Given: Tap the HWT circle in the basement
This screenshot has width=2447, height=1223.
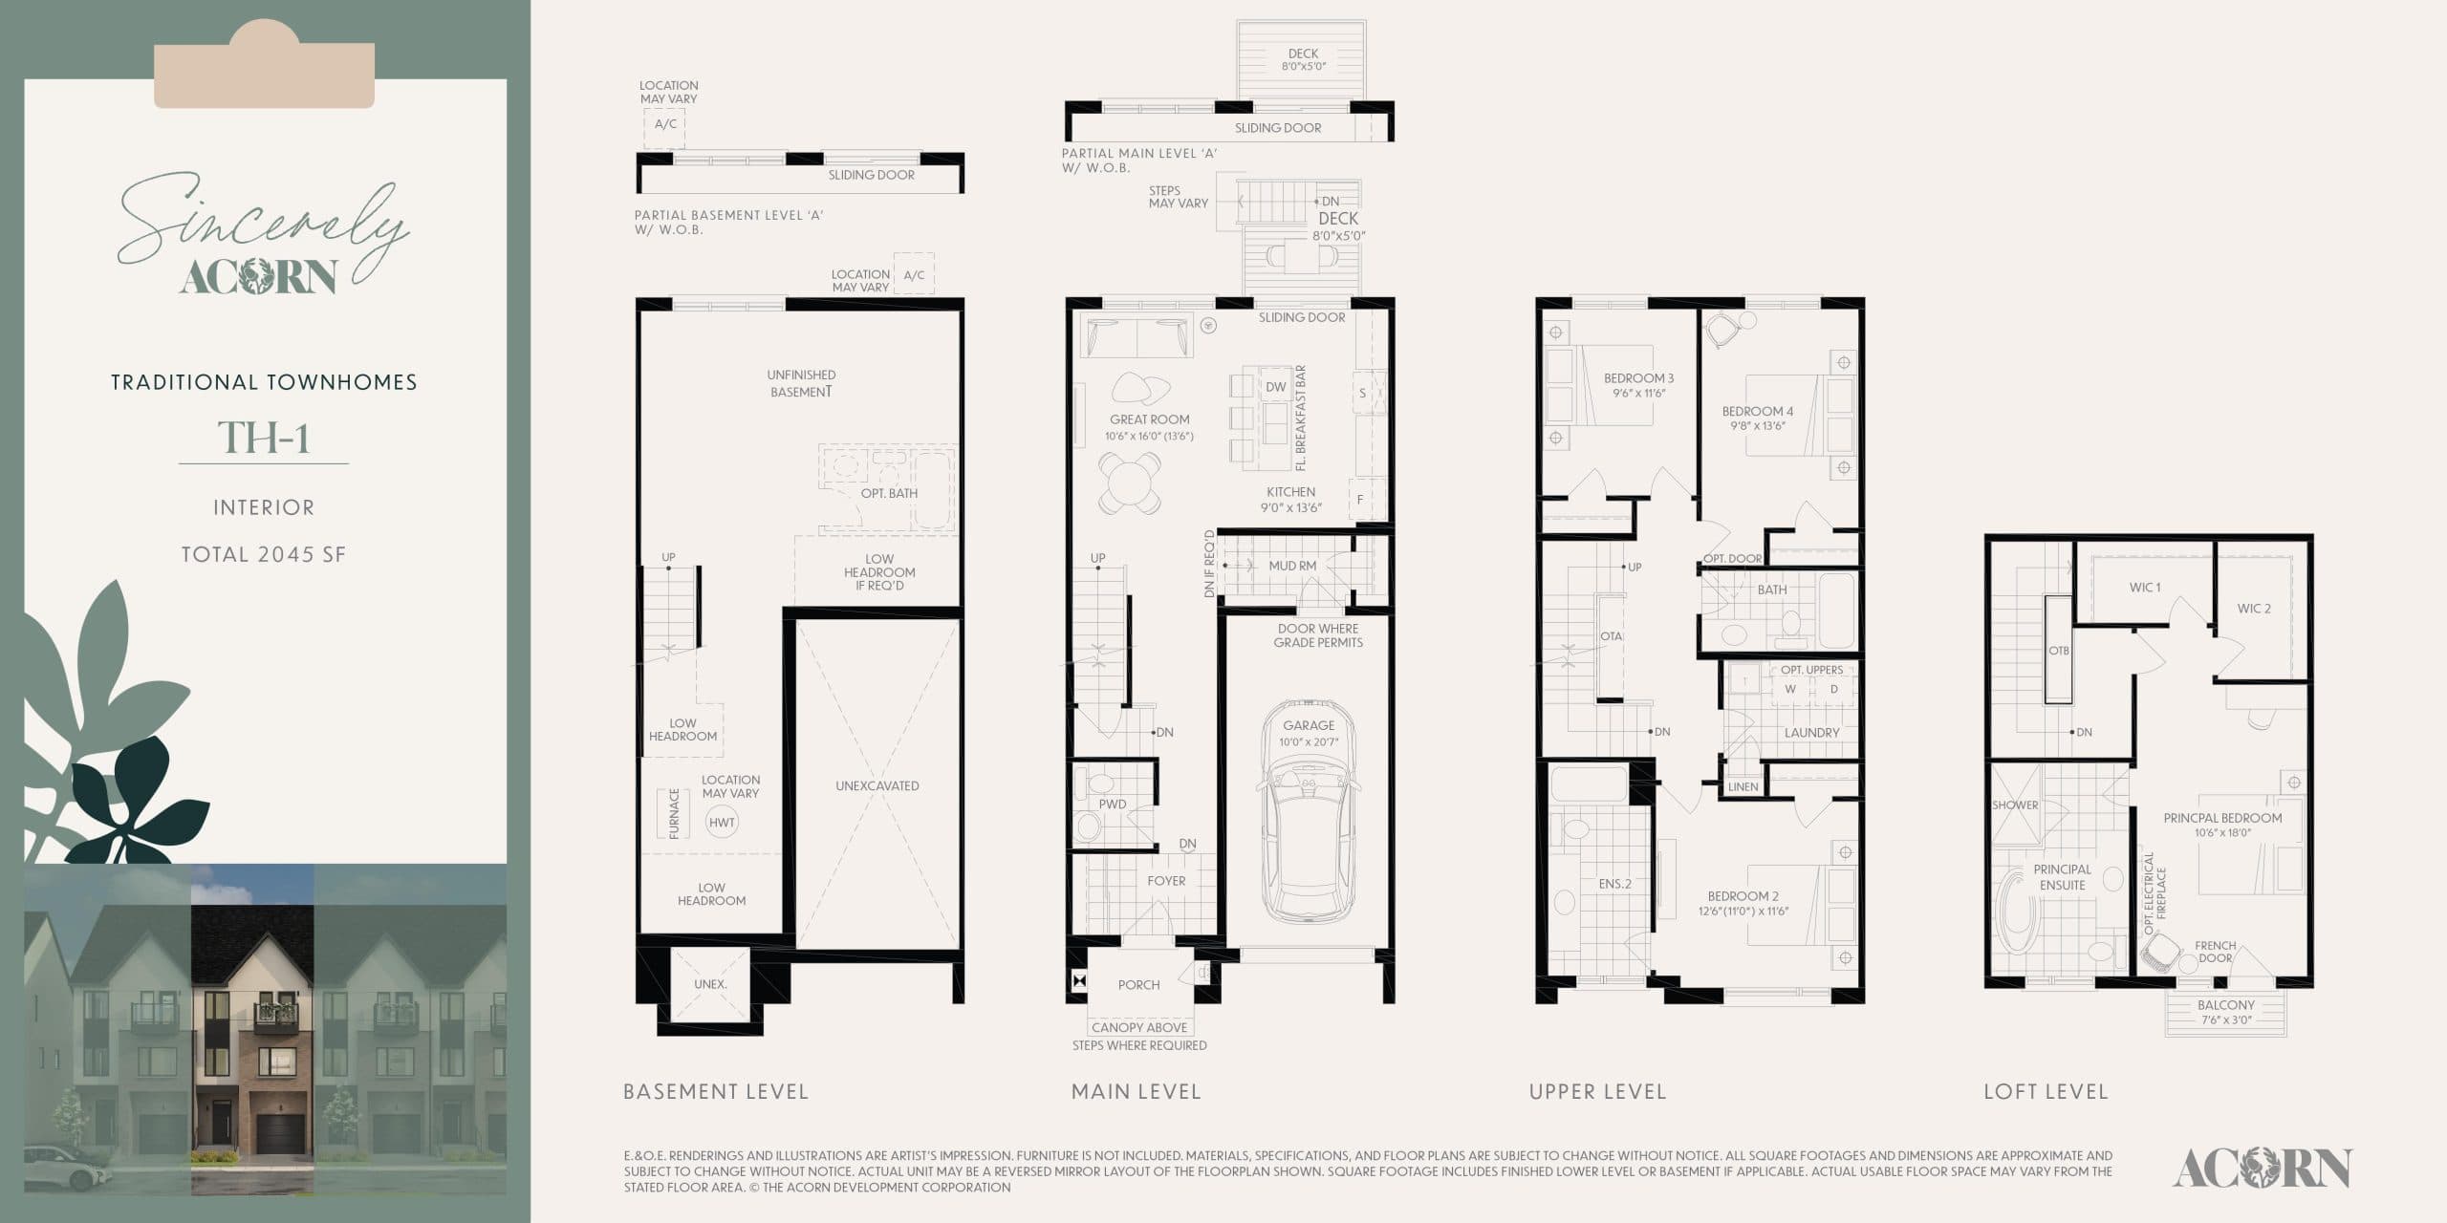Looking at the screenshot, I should [x=722, y=822].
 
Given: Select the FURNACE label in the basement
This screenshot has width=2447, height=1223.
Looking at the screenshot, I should [x=674, y=813].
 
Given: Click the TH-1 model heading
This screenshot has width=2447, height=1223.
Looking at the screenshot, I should [x=264, y=438].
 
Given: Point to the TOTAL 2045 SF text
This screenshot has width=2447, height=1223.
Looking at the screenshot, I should [x=264, y=554].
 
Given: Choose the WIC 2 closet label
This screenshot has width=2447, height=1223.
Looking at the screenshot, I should [x=2253, y=609].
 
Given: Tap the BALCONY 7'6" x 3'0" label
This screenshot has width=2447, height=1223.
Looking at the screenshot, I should [x=2225, y=1012].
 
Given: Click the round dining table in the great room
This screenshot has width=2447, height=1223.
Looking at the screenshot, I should [x=1130, y=483].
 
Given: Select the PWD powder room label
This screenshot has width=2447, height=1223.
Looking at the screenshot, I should [x=1112, y=805].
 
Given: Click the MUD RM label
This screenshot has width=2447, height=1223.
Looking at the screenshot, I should [x=1292, y=566].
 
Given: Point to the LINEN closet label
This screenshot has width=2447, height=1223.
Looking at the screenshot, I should [x=1743, y=787].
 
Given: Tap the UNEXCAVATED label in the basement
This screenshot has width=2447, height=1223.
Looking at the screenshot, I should [x=877, y=785].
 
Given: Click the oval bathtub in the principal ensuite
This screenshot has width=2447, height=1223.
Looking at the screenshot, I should [x=2016, y=915].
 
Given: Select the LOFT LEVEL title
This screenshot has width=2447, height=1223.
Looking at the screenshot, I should [x=2046, y=1091].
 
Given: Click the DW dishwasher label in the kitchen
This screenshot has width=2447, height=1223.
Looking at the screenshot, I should [x=1275, y=387].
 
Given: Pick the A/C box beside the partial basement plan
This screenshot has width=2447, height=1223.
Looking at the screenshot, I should [x=665, y=124].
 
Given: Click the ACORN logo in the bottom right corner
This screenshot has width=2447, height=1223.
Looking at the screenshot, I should [x=2261, y=1168].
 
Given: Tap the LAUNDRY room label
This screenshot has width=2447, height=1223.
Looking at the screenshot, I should [x=1811, y=733].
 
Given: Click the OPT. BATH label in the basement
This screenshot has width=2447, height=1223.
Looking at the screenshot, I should [x=889, y=493].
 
